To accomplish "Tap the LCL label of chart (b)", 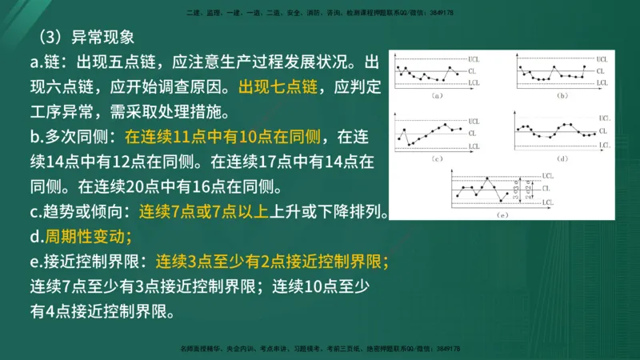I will click(602, 83).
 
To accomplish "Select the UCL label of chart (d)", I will click(602, 118).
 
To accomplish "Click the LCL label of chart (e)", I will click(547, 203).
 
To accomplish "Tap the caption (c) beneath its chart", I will click(437, 160).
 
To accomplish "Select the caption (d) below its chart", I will click(562, 160).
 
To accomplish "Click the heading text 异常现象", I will click(105, 37).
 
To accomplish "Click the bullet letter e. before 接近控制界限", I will click(38, 262).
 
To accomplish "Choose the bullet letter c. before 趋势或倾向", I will click(37, 212).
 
